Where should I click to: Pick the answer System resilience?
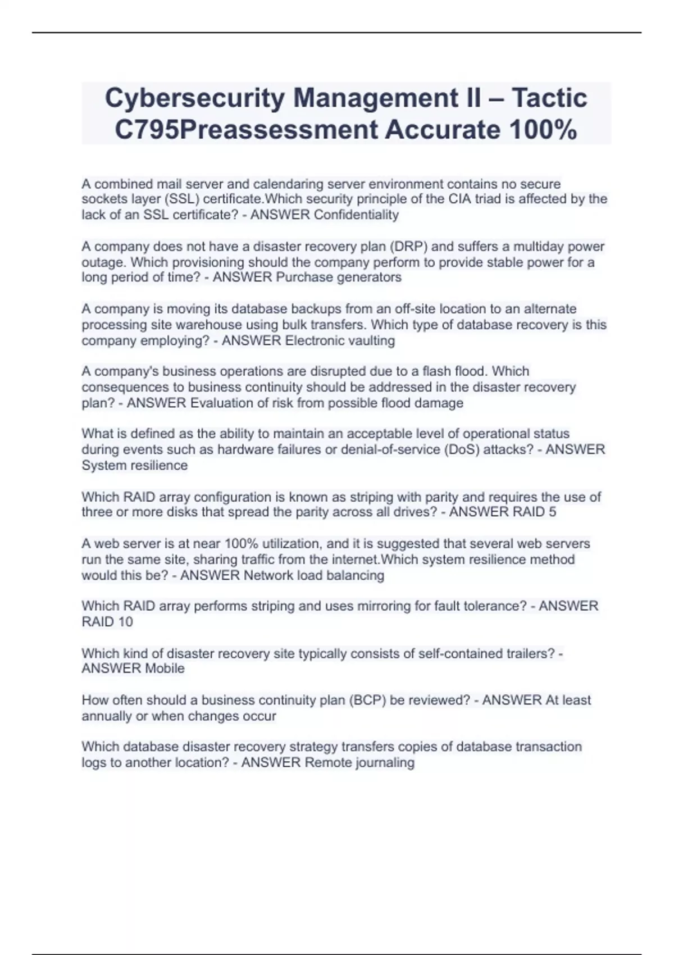[x=135, y=465]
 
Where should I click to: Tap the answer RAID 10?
[x=107, y=621]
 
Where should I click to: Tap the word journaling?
[x=385, y=762]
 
